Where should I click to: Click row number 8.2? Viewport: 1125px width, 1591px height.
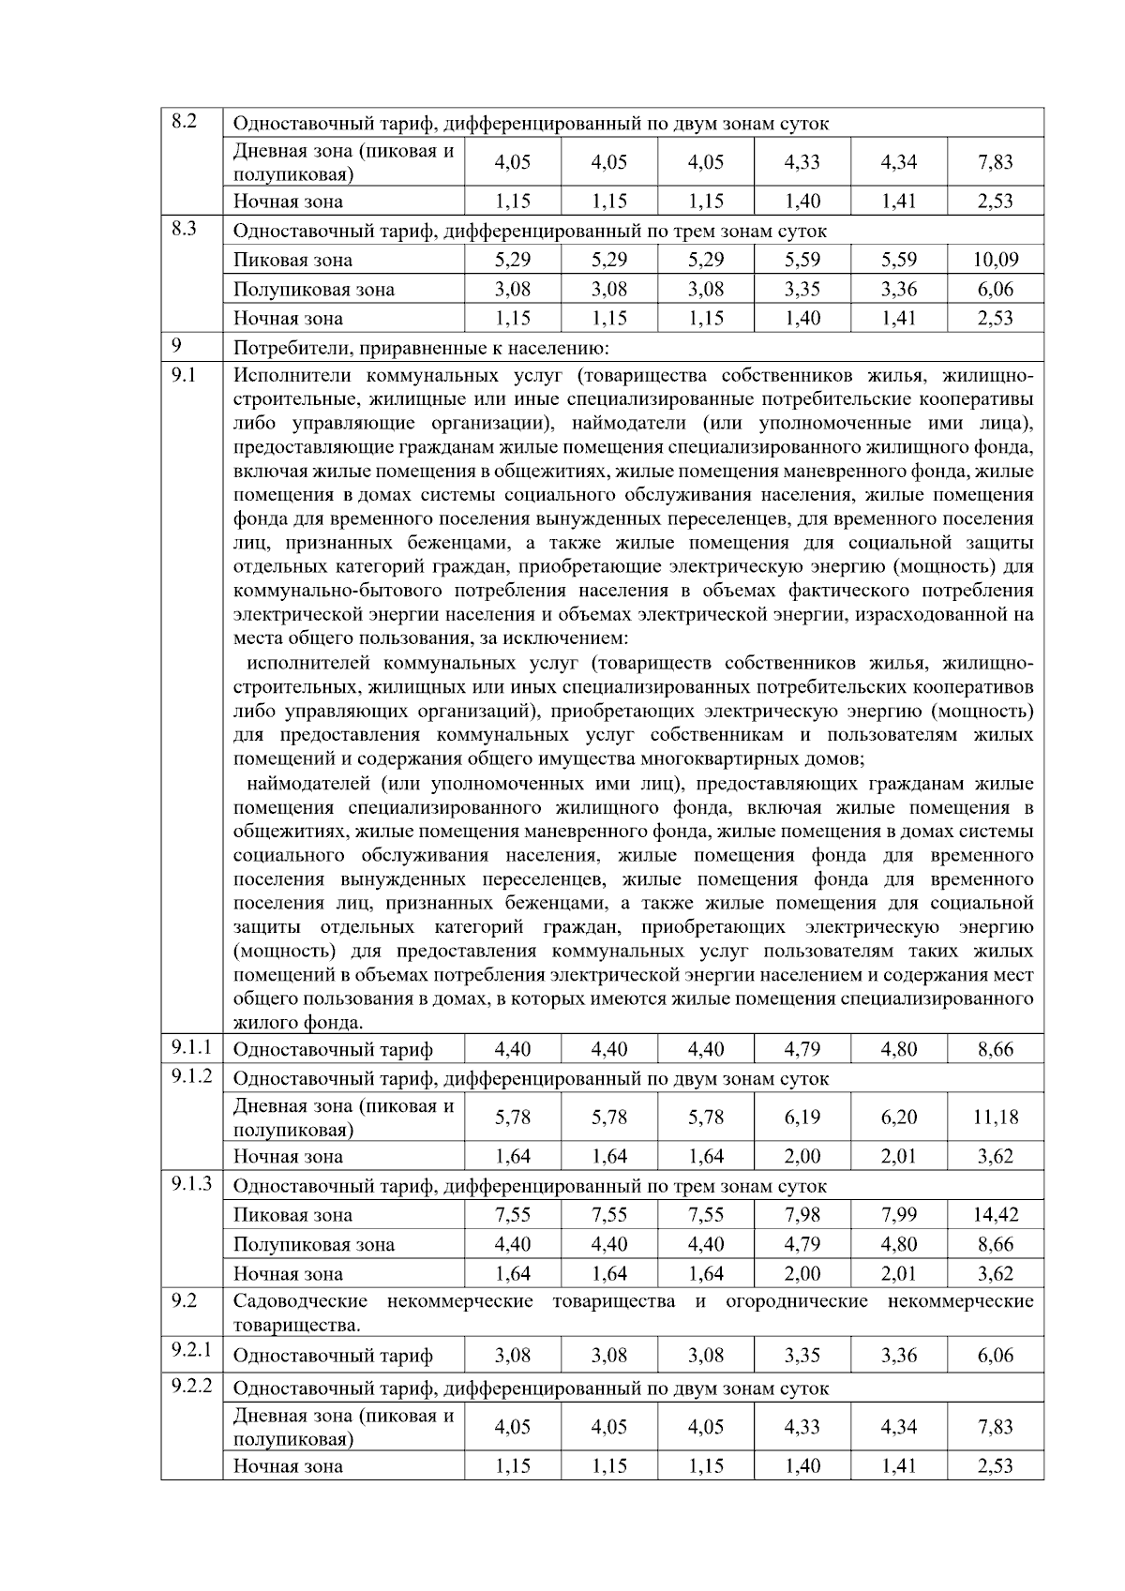click(x=184, y=121)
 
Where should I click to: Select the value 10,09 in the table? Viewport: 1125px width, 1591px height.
click(x=995, y=260)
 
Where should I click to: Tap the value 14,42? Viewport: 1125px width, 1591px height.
click(x=995, y=1215)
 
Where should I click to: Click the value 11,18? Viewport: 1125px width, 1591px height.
click(x=995, y=1118)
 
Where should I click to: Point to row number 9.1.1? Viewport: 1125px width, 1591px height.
click(x=191, y=1046)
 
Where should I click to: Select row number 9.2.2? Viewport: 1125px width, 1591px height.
click(x=191, y=1386)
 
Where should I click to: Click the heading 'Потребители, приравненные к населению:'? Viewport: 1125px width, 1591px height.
click(x=421, y=349)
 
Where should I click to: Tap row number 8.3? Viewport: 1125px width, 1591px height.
click(x=184, y=229)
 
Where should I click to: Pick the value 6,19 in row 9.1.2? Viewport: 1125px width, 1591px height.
click(x=802, y=1118)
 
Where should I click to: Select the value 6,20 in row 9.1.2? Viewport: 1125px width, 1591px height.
click(x=899, y=1118)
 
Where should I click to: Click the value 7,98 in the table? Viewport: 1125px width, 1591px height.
click(x=802, y=1215)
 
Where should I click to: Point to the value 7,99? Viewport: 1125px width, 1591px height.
click(x=899, y=1215)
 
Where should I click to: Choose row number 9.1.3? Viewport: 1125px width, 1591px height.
click(x=191, y=1184)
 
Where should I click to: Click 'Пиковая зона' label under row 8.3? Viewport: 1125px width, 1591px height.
click(x=293, y=260)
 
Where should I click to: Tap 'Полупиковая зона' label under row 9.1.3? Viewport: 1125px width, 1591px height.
click(x=314, y=1245)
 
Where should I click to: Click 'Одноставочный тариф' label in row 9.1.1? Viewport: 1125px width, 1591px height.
click(x=333, y=1050)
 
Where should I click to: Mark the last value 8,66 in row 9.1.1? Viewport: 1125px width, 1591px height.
click(x=995, y=1050)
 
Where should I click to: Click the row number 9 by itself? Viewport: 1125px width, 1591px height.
click(x=175, y=346)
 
